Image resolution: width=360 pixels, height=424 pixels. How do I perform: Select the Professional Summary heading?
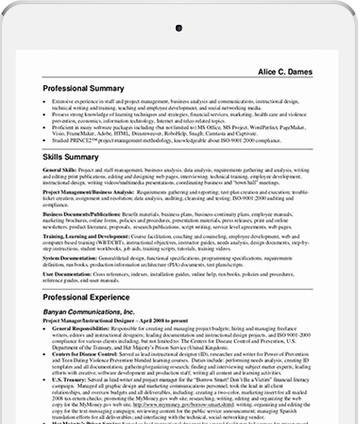point(84,88)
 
